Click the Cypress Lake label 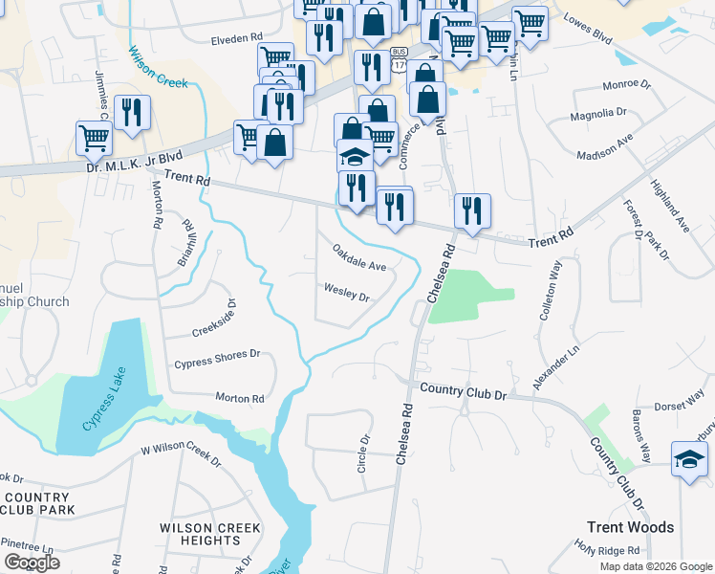pyautogui.click(x=104, y=408)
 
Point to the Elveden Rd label pyautogui.click(x=236, y=38)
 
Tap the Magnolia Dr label pyautogui.click(x=597, y=114)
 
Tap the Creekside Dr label pyautogui.click(x=213, y=322)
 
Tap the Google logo pyautogui.click(x=32, y=563)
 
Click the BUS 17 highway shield pyautogui.click(x=400, y=58)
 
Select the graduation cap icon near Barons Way pyautogui.click(x=688, y=459)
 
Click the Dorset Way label pyautogui.click(x=679, y=406)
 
